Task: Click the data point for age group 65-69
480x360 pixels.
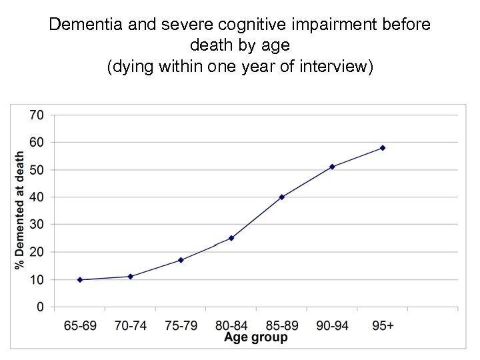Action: click(x=80, y=280)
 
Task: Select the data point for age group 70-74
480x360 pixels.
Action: click(x=131, y=277)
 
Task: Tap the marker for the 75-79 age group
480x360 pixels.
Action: click(x=181, y=260)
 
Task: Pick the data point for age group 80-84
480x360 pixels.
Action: click(x=231, y=238)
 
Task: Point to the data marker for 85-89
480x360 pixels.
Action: click(x=282, y=197)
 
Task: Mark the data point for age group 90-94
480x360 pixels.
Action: click(x=332, y=167)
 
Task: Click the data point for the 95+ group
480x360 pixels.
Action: click(x=383, y=148)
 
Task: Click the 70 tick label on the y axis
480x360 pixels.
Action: click(x=36, y=115)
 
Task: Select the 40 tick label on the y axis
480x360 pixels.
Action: click(x=36, y=197)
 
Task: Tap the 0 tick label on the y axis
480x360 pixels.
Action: click(x=39, y=307)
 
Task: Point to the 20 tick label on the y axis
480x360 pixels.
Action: click(x=36, y=252)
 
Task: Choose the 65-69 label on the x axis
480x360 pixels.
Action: click(x=80, y=325)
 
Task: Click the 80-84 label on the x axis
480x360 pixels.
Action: click(x=231, y=325)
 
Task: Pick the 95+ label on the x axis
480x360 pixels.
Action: click(x=383, y=325)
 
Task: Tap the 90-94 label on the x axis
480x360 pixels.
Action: click(x=332, y=325)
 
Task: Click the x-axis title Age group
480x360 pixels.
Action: click(x=256, y=337)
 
